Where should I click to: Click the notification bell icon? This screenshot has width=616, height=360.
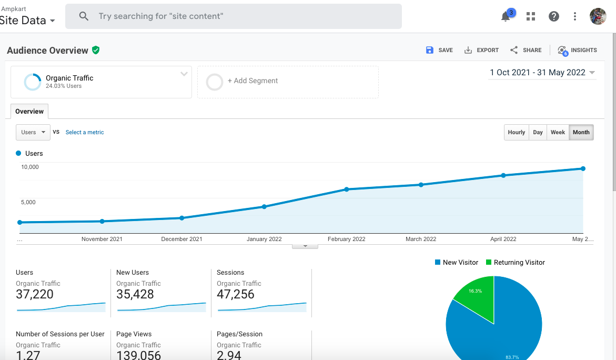coord(506,17)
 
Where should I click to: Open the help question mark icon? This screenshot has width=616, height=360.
coord(554,16)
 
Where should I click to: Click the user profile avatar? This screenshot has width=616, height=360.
coord(598,16)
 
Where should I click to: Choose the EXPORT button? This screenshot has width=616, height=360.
coord(481,50)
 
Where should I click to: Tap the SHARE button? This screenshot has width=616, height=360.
coord(526,50)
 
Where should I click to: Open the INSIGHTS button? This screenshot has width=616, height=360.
coord(577,51)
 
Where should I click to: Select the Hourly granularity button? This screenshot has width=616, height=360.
coord(516,133)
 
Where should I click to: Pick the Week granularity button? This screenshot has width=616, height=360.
coord(558,133)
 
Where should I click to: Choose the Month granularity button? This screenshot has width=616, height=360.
coord(581,133)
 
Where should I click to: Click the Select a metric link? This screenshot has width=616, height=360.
coord(85,133)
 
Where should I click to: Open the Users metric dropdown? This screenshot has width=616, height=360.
coord(33,133)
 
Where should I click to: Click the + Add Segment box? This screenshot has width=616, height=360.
coord(288,82)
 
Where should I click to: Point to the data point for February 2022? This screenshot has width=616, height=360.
coord(347,189)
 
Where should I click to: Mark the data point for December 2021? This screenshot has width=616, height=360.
coord(181,218)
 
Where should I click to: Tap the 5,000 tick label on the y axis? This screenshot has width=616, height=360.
coord(28,202)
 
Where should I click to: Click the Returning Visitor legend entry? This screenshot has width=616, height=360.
coord(516,263)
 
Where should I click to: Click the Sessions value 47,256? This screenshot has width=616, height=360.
coord(235,294)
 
